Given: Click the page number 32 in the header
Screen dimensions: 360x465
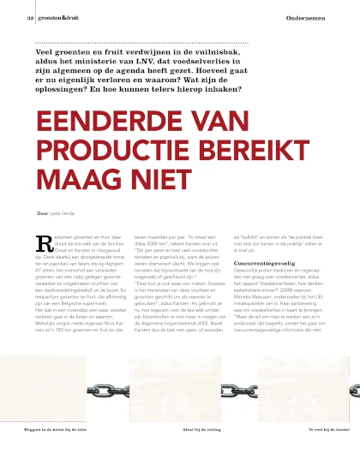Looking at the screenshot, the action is [x=30, y=17].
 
